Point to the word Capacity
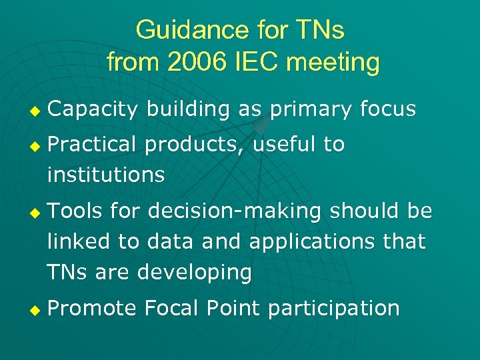coord(92,109)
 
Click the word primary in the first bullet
coord(312,109)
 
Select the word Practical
coord(92,144)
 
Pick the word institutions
coord(105,175)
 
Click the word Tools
coord(75,211)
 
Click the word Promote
coord(92,308)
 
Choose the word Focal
coord(171,308)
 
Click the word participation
coord(330,308)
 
